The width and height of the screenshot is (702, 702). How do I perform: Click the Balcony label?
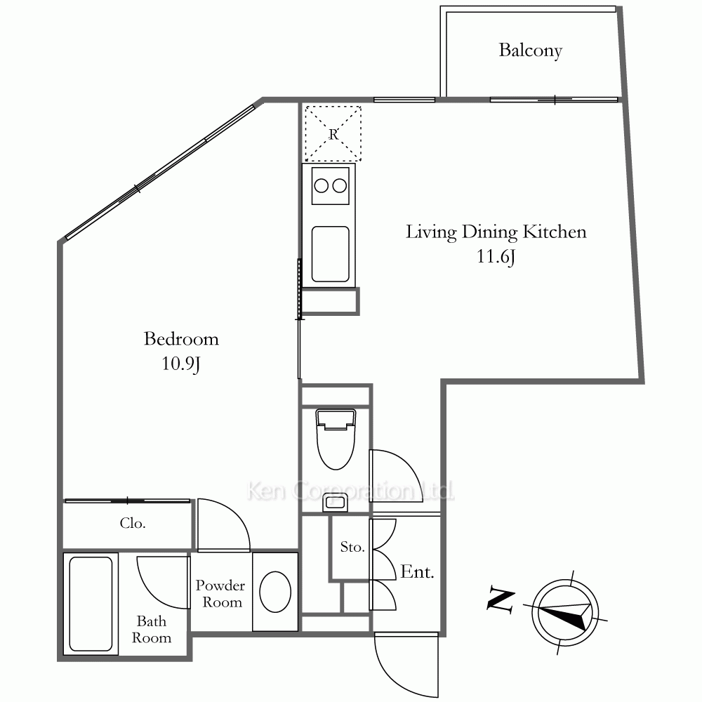click(x=531, y=51)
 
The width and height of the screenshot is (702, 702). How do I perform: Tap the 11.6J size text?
click(x=496, y=257)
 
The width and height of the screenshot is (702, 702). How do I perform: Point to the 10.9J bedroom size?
click(x=180, y=364)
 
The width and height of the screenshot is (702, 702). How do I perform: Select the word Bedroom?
click(x=181, y=339)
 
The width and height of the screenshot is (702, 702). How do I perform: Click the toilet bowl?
click(x=336, y=439)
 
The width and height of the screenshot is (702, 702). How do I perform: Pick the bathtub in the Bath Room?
click(x=91, y=604)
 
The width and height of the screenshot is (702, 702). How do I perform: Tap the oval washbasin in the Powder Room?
click(x=275, y=592)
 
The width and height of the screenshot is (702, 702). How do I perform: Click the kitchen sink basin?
click(x=331, y=254)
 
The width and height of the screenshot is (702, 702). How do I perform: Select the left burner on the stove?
click(x=321, y=186)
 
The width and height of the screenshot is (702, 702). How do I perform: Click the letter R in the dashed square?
click(x=333, y=134)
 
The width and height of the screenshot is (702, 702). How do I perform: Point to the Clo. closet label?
click(x=133, y=523)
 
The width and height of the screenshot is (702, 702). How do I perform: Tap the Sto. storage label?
click(x=352, y=547)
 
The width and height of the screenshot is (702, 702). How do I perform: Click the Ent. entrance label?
click(x=417, y=571)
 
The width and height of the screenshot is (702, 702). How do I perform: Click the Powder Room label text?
click(x=220, y=594)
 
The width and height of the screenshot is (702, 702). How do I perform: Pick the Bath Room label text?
click(x=152, y=630)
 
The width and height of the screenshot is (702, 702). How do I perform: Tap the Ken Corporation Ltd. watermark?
click(x=350, y=491)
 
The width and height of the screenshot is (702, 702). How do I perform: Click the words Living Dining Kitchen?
click(x=496, y=232)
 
